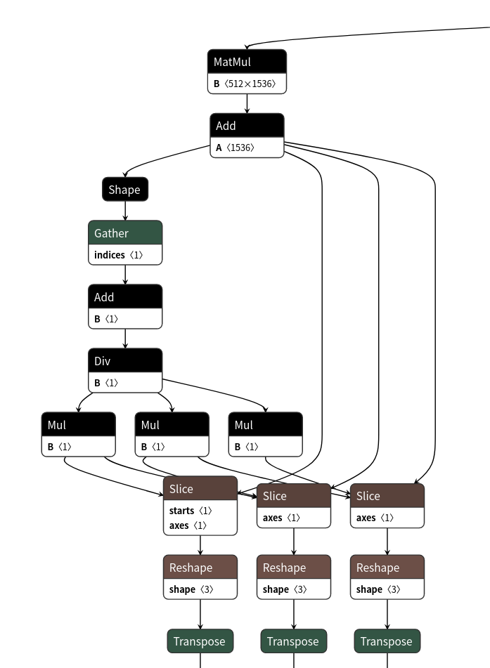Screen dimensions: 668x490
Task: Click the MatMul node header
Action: (x=247, y=62)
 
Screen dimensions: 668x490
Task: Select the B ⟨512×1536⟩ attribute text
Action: (x=247, y=84)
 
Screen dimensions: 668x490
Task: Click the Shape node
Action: (x=124, y=190)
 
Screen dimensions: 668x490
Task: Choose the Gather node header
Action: (x=125, y=233)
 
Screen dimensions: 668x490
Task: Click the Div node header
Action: (x=125, y=361)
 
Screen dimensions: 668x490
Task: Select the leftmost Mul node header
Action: (x=78, y=425)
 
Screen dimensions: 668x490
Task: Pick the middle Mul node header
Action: (x=172, y=425)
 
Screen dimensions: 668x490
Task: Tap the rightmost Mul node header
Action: (x=265, y=425)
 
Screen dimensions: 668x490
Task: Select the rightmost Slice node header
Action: (x=387, y=496)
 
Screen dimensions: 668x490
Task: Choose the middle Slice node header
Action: (x=293, y=496)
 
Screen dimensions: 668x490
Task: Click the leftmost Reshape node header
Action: (x=200, y=568)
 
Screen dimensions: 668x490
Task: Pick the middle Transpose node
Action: (x=293, y=641)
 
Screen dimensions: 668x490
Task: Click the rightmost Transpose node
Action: (x=387, y=641)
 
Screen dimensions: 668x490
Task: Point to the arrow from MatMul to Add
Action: (x=247, y=104)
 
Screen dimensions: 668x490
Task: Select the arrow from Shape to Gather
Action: (x=125, y=211)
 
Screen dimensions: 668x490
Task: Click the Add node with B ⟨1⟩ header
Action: (x=125, y=297)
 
